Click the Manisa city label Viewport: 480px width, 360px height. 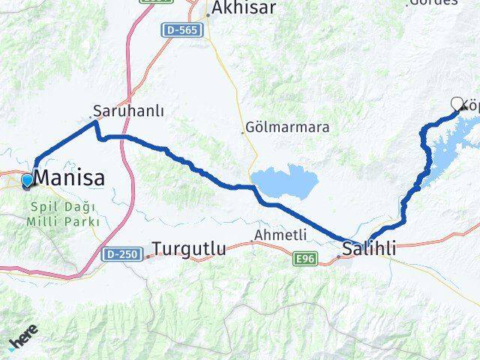point(70,178)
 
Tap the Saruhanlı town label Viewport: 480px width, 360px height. point(129,110)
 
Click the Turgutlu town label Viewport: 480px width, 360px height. point(190,248)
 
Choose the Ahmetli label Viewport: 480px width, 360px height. point(281,235)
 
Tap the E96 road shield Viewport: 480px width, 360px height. point(303,258)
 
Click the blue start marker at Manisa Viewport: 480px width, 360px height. point(27,181)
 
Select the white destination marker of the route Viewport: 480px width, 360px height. point(457,104)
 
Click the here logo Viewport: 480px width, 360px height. point(24,341)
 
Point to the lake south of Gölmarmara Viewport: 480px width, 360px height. point(284,182)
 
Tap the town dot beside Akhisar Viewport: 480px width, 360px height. point(208,15)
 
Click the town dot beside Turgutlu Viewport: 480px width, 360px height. point(148,256)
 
